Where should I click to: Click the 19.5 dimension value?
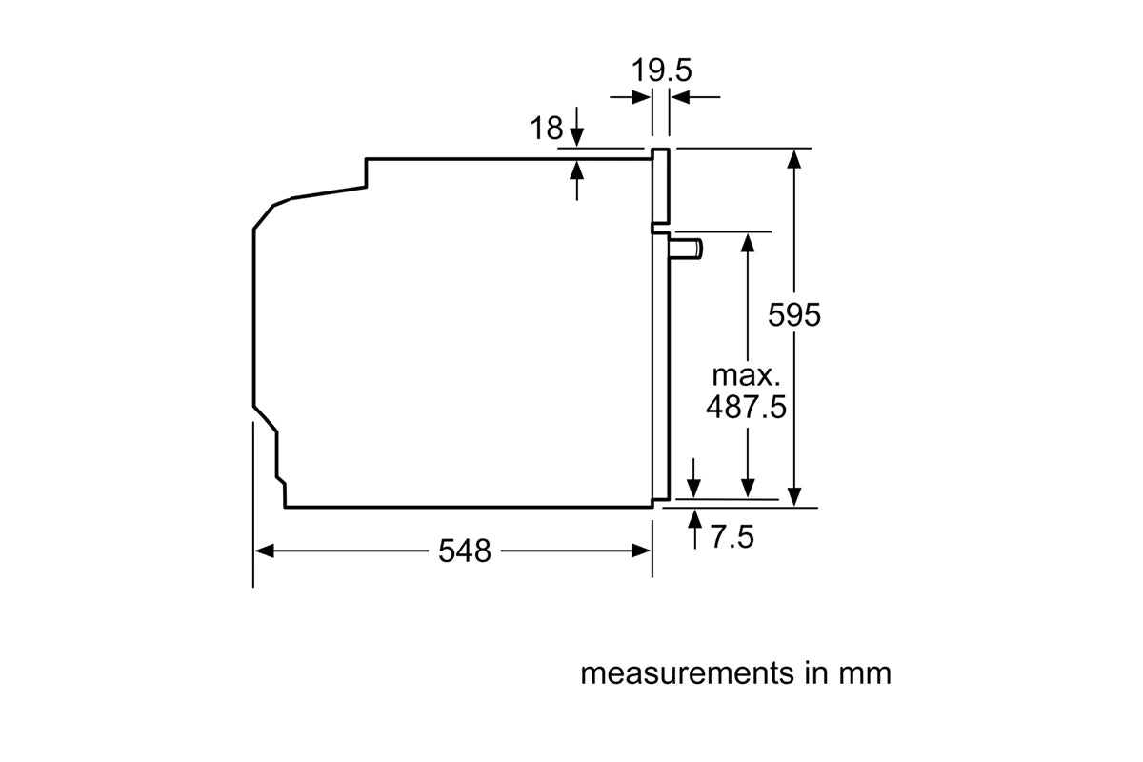661,71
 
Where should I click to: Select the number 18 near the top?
547,129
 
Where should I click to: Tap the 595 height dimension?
793,315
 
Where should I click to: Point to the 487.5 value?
746,408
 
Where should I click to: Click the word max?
746,375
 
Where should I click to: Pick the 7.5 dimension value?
732,538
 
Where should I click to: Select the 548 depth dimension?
465,551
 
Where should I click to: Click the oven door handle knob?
687,250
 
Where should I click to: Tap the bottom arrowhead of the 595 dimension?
795,498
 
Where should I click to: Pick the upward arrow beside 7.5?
695,520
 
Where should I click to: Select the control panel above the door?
660,187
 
